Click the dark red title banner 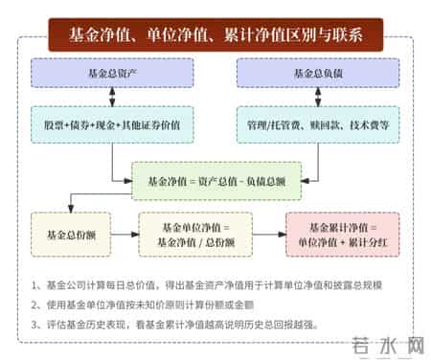click(215, 36)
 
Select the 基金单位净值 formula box click(198, 234)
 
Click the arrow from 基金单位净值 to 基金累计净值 click(272, 234)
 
